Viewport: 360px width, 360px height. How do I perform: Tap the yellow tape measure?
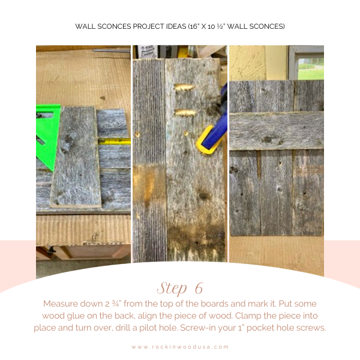pos(114,142)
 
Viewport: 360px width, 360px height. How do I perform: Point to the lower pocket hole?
pos(184,112)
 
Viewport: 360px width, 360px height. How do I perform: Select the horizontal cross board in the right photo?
pos(276,130)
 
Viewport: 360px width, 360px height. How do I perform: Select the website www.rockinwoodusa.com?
pos(180,346)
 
